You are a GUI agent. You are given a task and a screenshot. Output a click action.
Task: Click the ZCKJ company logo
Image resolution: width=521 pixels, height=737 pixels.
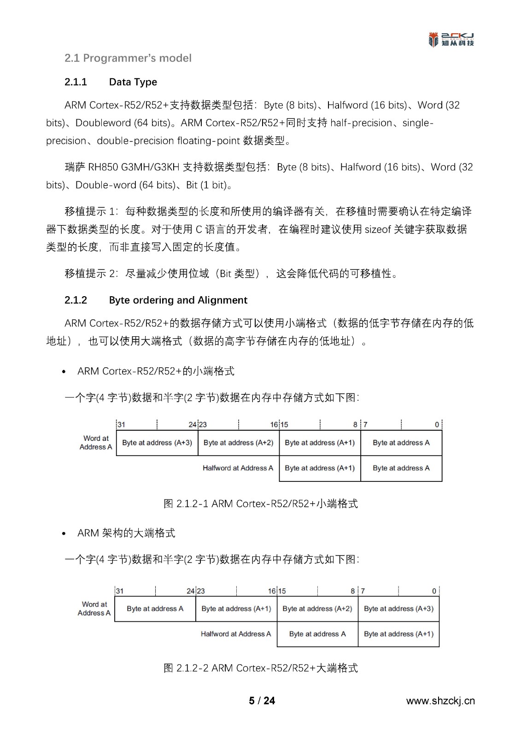coord(451,40)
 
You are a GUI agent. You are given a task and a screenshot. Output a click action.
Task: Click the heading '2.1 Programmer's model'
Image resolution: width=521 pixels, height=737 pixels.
coord(128,58)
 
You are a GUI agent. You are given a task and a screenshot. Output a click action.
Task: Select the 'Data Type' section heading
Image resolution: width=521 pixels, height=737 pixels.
coord(133,82)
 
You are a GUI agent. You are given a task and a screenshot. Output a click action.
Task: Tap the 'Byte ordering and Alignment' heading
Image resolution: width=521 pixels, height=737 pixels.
coord(178,300)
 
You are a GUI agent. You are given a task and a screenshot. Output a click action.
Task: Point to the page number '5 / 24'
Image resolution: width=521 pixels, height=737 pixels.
coord(262,701)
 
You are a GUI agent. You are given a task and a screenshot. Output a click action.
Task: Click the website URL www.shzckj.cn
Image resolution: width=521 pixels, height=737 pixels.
coord(440,701)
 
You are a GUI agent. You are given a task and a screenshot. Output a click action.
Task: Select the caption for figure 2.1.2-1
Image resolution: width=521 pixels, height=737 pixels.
coord(260,503)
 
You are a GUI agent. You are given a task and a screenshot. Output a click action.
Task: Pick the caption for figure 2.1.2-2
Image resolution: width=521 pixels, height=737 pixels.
coord(260,668)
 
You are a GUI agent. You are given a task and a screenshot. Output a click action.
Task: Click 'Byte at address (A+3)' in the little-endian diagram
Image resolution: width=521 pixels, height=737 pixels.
coord(157,443)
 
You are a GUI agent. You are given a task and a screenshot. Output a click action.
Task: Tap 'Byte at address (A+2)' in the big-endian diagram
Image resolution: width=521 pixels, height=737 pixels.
coord(317,608)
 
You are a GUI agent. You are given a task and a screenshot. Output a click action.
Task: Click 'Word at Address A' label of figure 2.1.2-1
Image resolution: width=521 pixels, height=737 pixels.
coord(96,443)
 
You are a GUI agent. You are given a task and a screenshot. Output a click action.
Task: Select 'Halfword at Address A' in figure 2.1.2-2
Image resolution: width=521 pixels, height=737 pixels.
coord(236,634)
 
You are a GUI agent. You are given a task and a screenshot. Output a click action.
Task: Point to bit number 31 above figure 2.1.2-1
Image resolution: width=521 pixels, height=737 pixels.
coord(121,425)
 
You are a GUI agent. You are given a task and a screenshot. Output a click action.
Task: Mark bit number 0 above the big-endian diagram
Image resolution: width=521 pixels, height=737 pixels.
coord(434,591)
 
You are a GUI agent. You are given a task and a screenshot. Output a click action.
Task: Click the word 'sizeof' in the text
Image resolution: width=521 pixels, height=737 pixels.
coord(378,229)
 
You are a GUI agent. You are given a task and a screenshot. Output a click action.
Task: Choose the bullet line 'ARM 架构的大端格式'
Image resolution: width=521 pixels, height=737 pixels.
coord(126,533)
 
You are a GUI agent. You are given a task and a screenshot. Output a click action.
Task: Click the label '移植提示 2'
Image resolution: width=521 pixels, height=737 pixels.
coord(92,274)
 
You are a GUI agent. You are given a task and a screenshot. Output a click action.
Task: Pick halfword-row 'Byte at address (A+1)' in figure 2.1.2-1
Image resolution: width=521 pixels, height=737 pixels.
coord(320,468)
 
